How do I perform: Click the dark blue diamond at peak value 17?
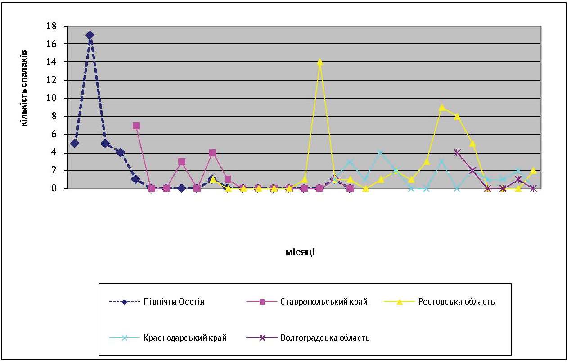point(90,35)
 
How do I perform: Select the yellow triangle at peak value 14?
point(320,63)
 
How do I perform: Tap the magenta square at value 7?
point(136,126)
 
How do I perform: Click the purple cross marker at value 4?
point(457,152)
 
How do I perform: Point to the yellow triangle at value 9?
point(442,107)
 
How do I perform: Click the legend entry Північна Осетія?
point(174,302)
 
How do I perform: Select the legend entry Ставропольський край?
point(324,302)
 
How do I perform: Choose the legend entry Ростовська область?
point(456,302)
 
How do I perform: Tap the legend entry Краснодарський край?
point(185,337)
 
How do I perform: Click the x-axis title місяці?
point(300,252)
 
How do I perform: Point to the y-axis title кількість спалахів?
point(24,88)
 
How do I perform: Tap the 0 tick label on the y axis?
point(54,188)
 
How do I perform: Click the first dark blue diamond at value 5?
point(75,143)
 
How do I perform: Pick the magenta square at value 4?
point(212,153)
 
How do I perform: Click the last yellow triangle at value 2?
point(534,170)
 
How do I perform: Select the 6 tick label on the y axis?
point(54,134)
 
